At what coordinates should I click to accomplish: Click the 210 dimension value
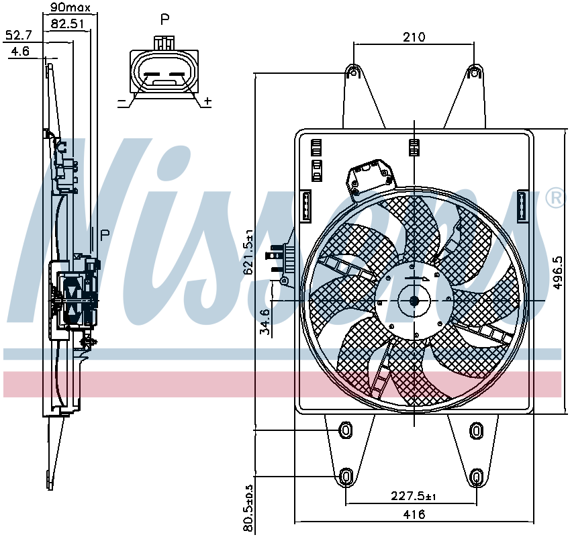pyautogui.click(x=414, y=37)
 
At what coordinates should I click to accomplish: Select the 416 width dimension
pyautogui.click(x=414, y=514)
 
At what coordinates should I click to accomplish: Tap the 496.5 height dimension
pyautogui.click(x=557, y=273)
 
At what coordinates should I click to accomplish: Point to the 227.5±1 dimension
pyautogui.click(x=414, y=496)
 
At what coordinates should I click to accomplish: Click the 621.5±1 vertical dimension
pyautogui.click(x=248, y=252)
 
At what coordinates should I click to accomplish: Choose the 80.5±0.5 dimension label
pyautogui.click(x=248, y=508)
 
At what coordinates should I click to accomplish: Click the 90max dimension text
pyautogui.click(x=70, y=7)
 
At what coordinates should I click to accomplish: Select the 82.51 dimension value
pyautogui.click(x=67, y=24)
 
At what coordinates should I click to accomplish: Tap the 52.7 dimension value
pyautogui.click(x=19, y=36)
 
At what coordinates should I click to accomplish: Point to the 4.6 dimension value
pyautogui.click(x=20, y=52)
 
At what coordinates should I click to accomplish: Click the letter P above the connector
pyautogui.click(x=165, y=19)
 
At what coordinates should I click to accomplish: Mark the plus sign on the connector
pyautogui.click(x=207, y=101)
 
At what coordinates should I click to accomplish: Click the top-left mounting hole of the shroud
pyautogui.click(x=352, y=72)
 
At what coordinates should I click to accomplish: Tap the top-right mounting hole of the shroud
pyautogui.click(x=475, y=72)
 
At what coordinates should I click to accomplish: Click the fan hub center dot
pyautogui.click(x=414, y=301)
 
